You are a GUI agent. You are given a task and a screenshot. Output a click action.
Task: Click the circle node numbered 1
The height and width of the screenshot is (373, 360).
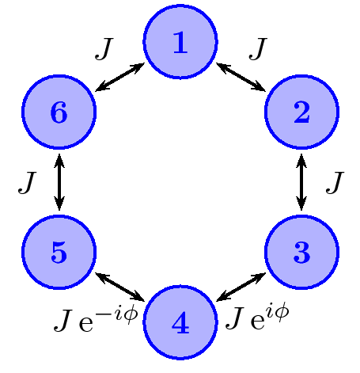(x=180, y=42)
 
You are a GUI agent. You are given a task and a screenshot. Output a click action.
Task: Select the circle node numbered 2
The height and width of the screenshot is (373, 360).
(x=301, y=112)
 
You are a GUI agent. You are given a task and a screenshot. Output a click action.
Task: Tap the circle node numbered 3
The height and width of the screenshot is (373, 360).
(x=301, y=253)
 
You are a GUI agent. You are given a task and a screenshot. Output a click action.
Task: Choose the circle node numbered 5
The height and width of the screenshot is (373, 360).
(x=59, y=253)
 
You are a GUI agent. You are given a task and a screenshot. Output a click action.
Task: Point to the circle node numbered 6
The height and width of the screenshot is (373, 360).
(x=59, y=112)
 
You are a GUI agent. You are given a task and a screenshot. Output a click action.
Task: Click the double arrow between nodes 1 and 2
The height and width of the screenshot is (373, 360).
(x=241, y=77)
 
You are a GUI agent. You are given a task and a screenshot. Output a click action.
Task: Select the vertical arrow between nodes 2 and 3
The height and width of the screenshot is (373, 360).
(x=301, y=182)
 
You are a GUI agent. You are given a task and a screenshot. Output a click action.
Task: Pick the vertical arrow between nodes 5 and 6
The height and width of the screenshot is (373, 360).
(x=59, y=182)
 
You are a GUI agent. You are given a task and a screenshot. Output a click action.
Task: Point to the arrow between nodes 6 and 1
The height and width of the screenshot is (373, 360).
(x=119, y=77)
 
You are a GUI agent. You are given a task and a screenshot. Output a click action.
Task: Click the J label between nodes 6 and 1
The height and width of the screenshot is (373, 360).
(x=103, y=49)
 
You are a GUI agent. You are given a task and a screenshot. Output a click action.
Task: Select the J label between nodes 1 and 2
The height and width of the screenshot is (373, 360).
(x=257, y=49)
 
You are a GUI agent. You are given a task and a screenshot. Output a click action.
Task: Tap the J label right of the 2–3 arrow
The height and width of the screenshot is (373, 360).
(x=335, y=183)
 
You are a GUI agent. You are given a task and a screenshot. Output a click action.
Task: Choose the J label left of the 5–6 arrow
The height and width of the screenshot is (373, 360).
(x=26, y=183)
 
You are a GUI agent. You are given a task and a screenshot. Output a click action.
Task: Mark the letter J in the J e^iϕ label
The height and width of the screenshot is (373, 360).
(x=235, y=320)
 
